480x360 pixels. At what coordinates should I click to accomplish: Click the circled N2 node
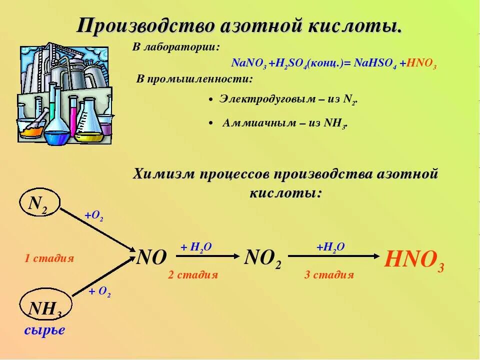[39, 203]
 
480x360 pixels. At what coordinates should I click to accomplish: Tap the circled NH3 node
[45, 308]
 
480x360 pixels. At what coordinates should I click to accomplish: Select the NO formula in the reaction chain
[151, 258]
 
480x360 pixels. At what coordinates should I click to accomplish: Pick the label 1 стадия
[49, 258]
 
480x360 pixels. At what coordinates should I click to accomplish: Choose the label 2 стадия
[192, 274]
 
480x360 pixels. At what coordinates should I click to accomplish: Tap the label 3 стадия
[328, 274]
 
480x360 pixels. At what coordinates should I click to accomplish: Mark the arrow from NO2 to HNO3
[333, 256]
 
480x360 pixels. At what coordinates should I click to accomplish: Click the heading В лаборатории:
[175, 47]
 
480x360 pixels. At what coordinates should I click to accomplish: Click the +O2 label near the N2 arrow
[93, 216]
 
